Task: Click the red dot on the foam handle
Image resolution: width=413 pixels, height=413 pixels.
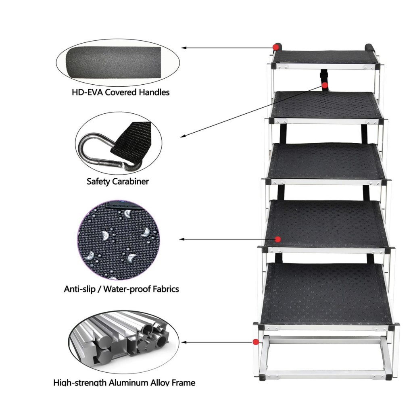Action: [x=276, y=47]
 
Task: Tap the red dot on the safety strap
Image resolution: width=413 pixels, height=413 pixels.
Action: [x=325, y=86]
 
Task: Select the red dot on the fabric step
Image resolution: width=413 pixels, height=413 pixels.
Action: [x=277, y=239]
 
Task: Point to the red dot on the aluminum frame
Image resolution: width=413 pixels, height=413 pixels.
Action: [x=255, y=342]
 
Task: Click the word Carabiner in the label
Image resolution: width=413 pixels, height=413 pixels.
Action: [x=130, y=181]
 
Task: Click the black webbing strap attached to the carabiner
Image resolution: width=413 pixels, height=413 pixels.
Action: [x=130, y=142]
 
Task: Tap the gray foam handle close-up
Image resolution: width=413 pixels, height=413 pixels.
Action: [x=113, y=63]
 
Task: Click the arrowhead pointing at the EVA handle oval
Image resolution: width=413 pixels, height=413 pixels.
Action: [x=184, y=48]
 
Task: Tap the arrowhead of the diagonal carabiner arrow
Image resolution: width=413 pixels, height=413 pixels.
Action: [x=183, y=136]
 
